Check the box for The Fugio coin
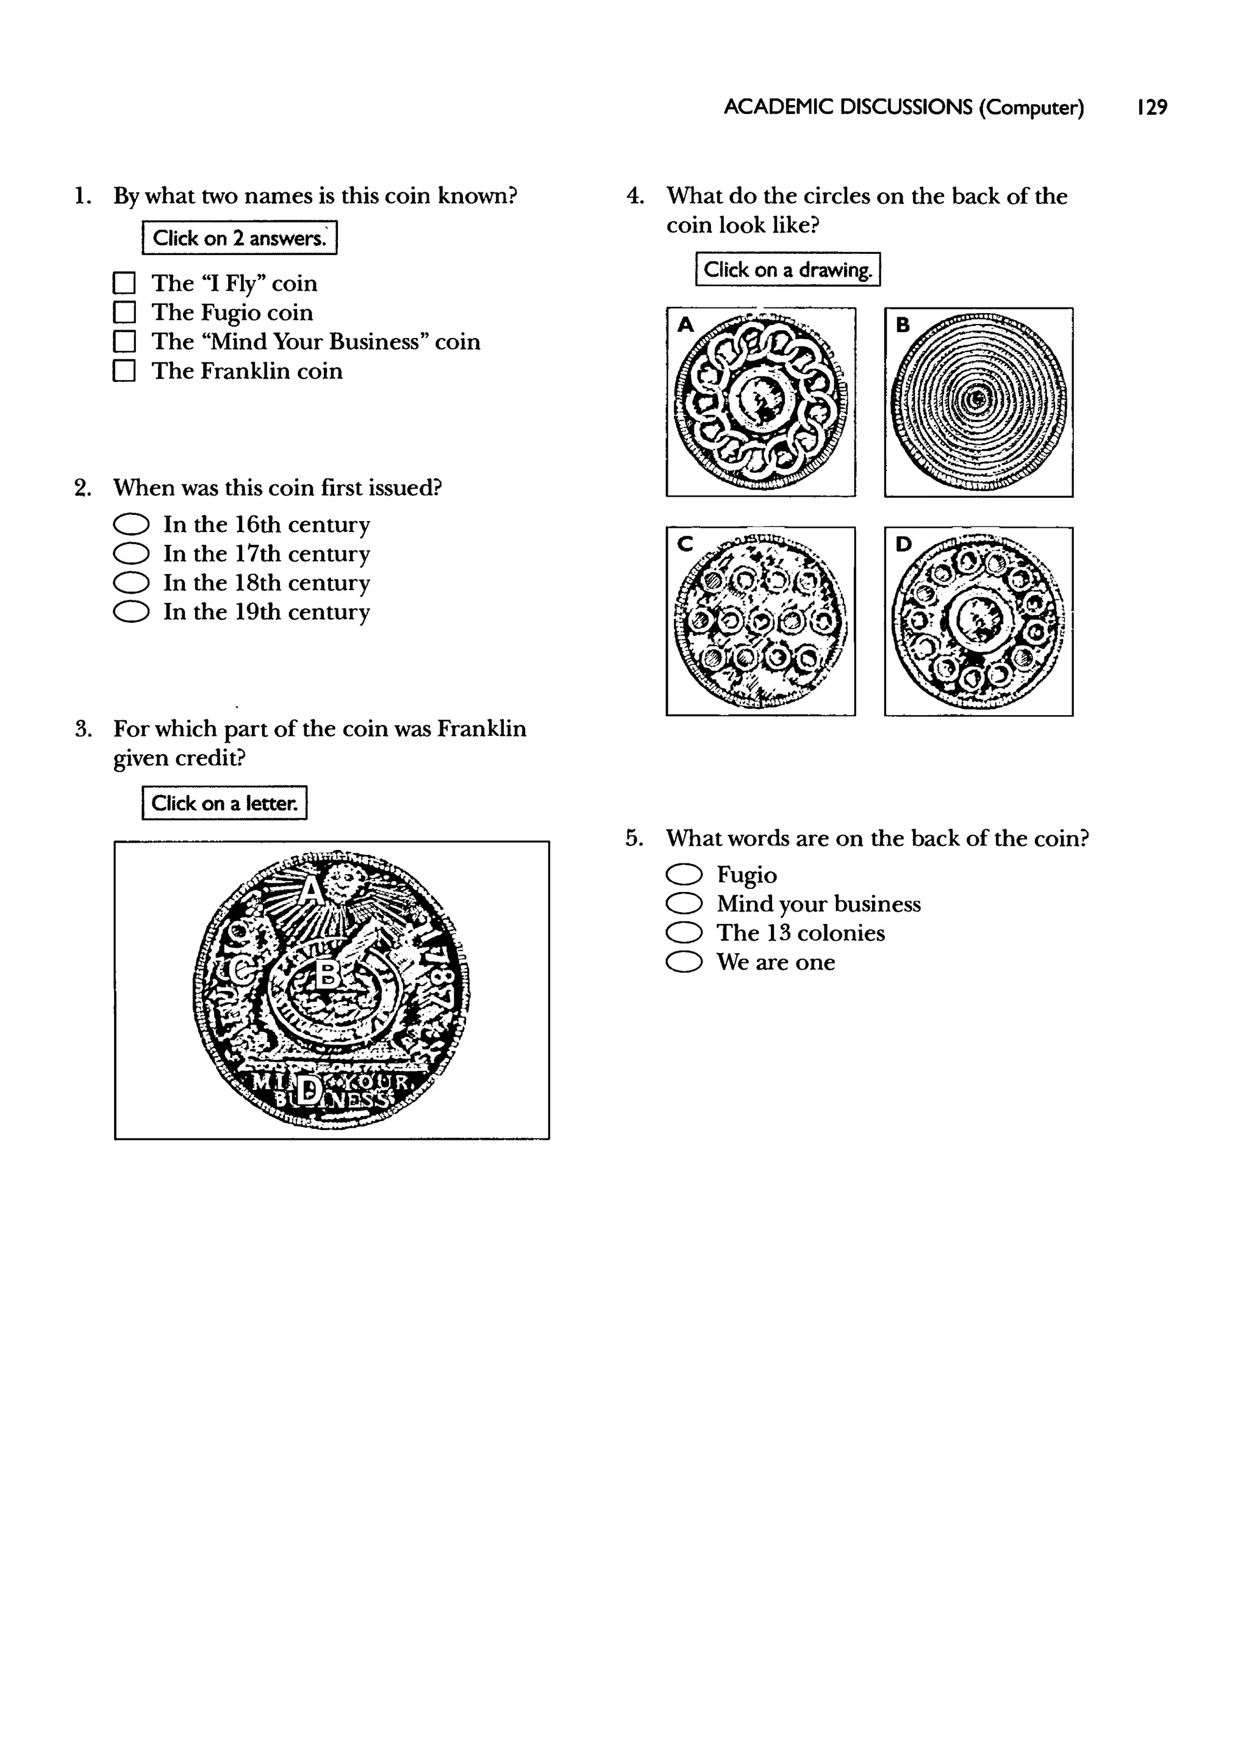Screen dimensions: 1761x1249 124,312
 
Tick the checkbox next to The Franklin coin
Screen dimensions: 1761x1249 124,372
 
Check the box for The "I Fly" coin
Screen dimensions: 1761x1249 124,283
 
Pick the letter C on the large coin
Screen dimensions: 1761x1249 242,971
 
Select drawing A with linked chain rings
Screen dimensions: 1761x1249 760,402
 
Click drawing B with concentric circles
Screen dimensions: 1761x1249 978,402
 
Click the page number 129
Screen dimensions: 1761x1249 1151,108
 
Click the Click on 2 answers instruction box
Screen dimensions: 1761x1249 239,238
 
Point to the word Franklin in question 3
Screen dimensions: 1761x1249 481,729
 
